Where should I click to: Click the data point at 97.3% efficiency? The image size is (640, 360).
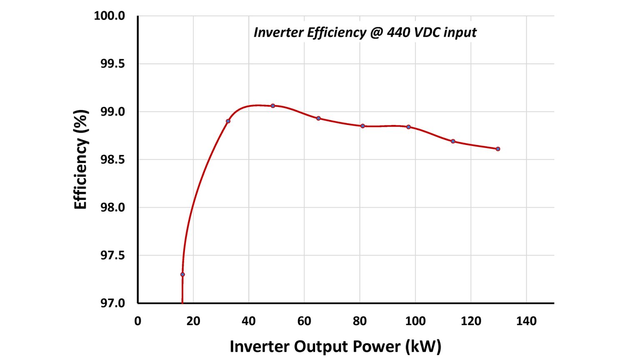click(x=182, y=274)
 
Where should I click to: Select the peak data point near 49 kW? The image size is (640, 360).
click(x=273, y=106)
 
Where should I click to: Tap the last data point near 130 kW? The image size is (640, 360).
click(x=498, y=149)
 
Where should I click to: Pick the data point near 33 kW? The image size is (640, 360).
click(x=228, y=121)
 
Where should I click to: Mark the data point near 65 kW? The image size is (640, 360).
click(x=319, y=118)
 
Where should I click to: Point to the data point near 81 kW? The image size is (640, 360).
click(x=362, y=126)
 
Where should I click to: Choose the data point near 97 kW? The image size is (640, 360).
click(x=408, y=127)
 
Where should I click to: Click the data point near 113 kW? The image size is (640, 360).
click(x=453, y=141)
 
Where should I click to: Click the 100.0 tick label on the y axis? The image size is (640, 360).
click(x=109, y=16)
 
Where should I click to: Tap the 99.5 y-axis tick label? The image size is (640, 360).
click(x=112, y=64)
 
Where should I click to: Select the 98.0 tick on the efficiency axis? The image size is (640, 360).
click(x=112, y=207)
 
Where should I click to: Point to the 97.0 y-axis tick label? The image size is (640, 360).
click(x=112, y=303)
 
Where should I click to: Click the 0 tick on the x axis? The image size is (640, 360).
click(x=138, y=321)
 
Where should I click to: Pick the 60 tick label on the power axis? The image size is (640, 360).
click(x=304, y=321)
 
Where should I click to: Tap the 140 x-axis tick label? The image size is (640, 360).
click(x=526, y=321)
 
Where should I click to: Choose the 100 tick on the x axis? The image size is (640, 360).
click(x=415, y=321)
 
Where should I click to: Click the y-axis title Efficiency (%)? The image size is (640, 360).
click(x=80, y=160)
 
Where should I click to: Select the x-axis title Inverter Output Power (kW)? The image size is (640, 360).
click(x=335, y=346)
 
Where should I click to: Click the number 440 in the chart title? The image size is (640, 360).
click(x=398, y=32)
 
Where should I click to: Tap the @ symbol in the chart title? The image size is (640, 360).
click(x=376, y=32)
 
